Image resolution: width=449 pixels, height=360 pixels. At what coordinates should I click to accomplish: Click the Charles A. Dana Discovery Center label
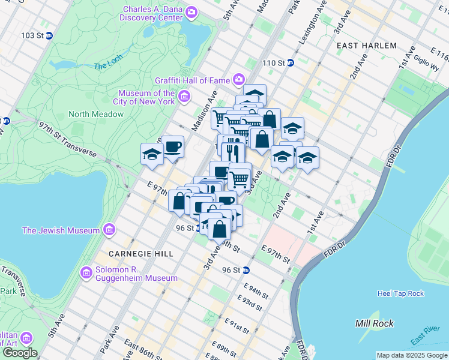coord(154,15)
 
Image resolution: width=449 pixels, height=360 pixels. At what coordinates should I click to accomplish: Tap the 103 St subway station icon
coord(50,35)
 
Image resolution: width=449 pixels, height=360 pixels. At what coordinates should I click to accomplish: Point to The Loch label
coord(108,65)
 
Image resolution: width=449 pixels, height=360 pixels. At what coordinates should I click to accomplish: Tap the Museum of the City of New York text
coord(146,97)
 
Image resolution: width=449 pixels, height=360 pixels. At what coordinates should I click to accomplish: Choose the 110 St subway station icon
coord(290,63)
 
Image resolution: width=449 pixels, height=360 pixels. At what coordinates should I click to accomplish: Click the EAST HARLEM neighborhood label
coord(367,46)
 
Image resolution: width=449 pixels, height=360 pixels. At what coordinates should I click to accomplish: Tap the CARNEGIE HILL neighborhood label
coord(141,254)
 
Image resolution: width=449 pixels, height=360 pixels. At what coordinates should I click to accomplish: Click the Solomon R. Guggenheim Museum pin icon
coord(86,274)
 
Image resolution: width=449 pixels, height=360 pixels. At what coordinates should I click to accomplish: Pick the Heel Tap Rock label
coord(400,293)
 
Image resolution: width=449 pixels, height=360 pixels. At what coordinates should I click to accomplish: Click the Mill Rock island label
coord(375,323)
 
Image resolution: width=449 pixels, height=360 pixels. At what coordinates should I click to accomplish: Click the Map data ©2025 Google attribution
coord(411,355)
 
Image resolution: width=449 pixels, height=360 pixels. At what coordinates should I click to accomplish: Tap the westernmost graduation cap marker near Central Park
coord(152,155)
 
